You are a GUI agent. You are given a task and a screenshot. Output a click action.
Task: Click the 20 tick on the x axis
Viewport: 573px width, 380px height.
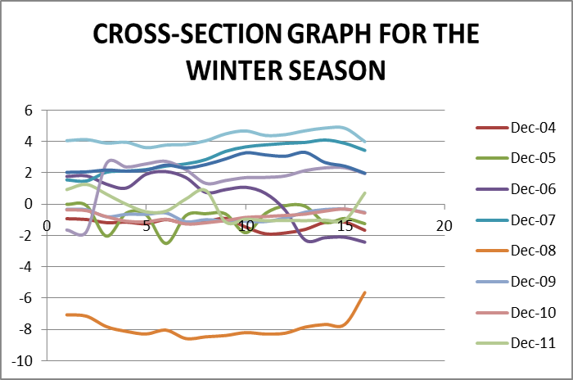click(444, 225)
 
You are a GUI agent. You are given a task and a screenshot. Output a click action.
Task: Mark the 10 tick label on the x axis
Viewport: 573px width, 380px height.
click(245, 225)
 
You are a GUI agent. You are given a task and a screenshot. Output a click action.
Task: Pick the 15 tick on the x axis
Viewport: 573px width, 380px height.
click(345, 225)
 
